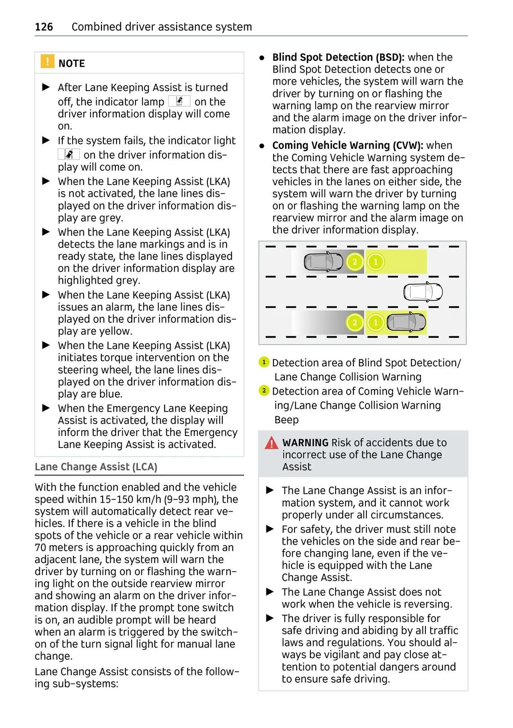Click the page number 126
click(44, 27)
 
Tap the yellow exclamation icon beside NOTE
click(47, 62)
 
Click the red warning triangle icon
click(271, 443)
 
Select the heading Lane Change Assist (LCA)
click(96, 467)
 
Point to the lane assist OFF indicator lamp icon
click(179, 101)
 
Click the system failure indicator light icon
click(68, 154)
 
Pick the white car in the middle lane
click(423, 292)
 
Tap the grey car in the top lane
click(323, 262)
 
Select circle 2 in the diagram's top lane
click(354, 262)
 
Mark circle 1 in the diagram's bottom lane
click(376, 322)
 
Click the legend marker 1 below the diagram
click(264, 363)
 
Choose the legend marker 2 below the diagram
click(264, 391)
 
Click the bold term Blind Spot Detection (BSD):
click(338, 57)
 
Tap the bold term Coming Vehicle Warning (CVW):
click(348, 145)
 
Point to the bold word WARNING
click(305, 442)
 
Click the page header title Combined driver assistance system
click(162, 27)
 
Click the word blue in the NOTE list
click(111, 394)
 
